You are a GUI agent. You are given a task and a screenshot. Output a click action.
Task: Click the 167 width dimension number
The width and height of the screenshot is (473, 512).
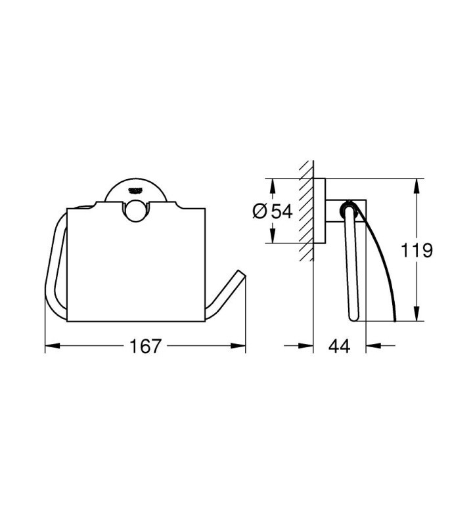coord(146,346)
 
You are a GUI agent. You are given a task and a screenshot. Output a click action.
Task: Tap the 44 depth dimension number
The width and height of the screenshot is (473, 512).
coord(339,346)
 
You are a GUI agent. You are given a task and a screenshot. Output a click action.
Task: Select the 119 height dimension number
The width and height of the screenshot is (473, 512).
coord(417,251)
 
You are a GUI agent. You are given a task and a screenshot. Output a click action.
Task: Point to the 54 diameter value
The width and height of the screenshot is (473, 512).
coord(282,211)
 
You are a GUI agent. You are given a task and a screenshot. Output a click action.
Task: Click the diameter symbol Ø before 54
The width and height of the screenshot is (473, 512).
coord(261,211)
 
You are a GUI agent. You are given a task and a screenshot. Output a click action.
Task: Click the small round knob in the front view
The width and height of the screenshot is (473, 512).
coord(136,210)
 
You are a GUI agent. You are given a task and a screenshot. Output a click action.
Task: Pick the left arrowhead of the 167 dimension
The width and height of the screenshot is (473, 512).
coord(53,346)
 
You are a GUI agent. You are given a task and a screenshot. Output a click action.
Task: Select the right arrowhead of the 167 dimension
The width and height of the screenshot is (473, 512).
coord(238,346)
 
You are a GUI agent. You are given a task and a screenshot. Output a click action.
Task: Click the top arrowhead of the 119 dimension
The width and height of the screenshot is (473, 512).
coord(416,186)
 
